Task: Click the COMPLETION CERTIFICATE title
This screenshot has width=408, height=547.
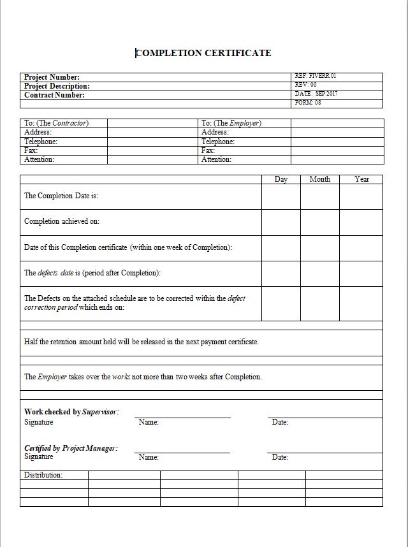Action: (x=203, y=53)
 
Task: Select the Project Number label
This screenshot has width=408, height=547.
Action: (x=52, y=77)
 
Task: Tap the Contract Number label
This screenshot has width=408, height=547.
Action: (x=54, y=95)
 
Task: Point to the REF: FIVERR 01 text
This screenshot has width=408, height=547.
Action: (x=316, y=76)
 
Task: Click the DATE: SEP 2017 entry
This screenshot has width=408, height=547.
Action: (x=316, y=94)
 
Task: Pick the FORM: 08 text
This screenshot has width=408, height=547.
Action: (x=308, y=103)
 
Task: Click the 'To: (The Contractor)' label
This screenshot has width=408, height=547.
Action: (x=56, y=123)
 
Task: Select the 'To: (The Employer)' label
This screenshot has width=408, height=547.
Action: (x=231, y=123)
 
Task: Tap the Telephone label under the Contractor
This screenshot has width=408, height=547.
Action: (x=41, y=142)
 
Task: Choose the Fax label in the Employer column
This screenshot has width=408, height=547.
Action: (x=208, y=150)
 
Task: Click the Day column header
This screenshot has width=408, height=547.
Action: (x=281, y=179)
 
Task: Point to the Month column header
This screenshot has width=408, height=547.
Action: (x=320, y=179)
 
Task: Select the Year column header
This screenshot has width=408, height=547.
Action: (x=361, y=179)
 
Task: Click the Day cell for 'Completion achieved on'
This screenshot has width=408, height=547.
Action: (x=281, y=222)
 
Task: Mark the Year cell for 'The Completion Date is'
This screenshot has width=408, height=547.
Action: (x=361, y=196)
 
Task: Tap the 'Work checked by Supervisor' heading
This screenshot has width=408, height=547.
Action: (x=71, y=412)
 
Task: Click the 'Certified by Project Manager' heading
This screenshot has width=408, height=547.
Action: (x=71, y=448)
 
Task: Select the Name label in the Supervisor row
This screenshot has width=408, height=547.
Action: (x=149, y=422)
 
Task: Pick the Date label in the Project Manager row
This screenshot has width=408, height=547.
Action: (x=280, y=457)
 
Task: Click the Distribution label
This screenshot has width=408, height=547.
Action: (x=43, y=475)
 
